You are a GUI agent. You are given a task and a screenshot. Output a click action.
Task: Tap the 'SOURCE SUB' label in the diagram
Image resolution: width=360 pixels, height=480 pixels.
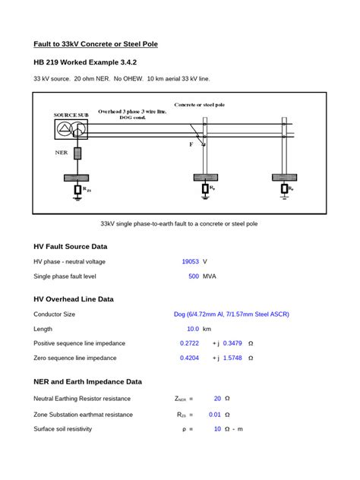click(x=70, y=114)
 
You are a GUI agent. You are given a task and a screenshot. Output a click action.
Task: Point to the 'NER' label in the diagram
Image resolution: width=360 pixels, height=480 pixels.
click(x=62, y=152)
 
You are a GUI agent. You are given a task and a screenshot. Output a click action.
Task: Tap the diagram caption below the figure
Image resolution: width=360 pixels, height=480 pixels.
click(x=179, y=224)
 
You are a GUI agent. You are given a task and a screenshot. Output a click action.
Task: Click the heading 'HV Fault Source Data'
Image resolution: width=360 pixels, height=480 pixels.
click(x=71, y=247)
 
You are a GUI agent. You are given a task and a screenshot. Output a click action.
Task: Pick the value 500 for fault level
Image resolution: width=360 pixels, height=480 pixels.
click(x=194, y=276)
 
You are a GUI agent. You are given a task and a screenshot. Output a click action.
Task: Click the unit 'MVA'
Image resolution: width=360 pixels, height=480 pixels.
click(x=210, y=276)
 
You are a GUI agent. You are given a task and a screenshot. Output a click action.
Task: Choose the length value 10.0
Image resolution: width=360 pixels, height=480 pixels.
click(x=193, y=329)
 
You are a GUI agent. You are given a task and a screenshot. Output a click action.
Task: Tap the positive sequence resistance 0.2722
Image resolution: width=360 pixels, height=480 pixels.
click(x=189, y=343)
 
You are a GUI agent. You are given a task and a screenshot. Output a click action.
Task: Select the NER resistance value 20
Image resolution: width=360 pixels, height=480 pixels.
click(x=217, y=398)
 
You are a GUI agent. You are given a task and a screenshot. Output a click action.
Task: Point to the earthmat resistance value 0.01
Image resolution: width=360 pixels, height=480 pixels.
click(x=215, y=415)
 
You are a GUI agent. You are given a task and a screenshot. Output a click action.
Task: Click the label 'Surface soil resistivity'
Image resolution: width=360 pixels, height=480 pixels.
click(x=62, y=429)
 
